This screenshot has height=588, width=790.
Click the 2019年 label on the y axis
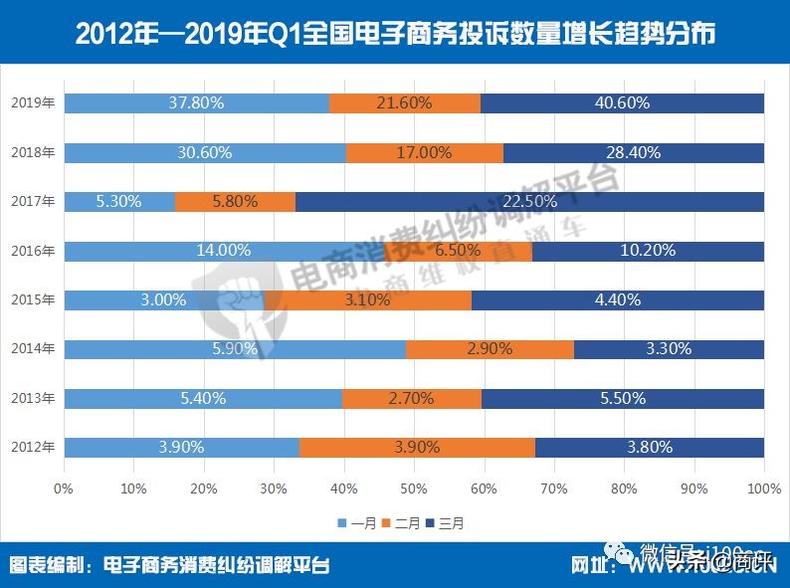(x=32, y=103)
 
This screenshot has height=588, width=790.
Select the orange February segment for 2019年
(x=405, y=103)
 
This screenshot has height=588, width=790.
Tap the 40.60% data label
(x=621, y=103)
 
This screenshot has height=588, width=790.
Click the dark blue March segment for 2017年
(x=529, y=201)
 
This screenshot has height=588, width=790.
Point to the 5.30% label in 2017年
(x=118, y=201)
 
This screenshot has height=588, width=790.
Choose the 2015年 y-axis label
(x=32, y=299)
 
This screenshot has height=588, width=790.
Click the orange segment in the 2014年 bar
(x=490, y=348)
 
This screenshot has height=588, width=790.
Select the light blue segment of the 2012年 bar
(x=181, y=447)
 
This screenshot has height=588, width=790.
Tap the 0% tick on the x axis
(x=64, y=489)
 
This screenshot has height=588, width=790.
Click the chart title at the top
(x=395, y=35)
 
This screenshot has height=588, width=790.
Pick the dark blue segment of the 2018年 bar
(x=634, y=152)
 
